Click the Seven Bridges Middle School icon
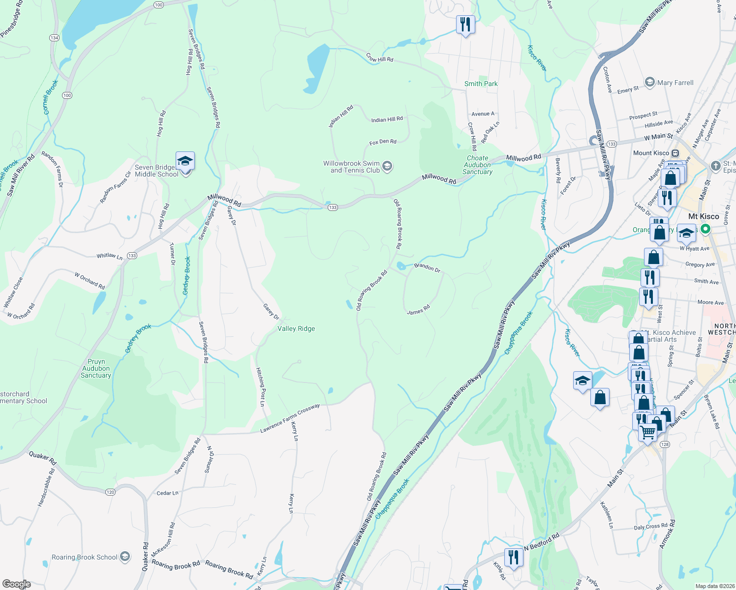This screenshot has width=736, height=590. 185,161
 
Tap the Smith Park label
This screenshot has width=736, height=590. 481,84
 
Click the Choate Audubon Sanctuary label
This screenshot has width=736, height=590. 477,165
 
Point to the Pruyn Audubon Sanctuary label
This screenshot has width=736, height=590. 96,368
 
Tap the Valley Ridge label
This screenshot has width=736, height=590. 296,328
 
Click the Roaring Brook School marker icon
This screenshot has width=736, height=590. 125,557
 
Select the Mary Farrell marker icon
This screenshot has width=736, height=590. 650,82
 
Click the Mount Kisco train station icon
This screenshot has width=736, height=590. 675,153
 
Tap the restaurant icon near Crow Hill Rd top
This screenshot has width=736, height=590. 465,24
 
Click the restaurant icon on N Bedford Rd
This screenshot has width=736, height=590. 513,557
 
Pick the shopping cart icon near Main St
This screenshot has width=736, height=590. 648,433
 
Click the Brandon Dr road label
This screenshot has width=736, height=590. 427,267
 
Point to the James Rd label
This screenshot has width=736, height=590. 418,310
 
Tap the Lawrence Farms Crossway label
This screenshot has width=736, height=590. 290,419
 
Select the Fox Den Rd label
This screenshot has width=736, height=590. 383,142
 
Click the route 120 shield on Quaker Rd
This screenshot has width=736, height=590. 110,492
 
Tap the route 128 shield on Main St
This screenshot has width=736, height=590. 665,444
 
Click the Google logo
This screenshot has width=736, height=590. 16,584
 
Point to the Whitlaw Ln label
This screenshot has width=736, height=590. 109,256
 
